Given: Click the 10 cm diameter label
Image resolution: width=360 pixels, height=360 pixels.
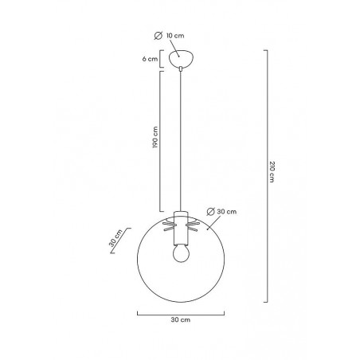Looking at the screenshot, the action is (175, 36).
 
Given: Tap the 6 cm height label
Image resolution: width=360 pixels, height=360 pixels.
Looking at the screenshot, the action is (150, 59).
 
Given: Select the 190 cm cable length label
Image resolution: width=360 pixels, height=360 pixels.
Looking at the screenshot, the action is (155, 137).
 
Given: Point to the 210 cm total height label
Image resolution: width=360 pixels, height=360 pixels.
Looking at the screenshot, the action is (272, 171).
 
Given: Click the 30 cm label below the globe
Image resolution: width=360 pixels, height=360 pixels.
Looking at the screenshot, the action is (181, 319).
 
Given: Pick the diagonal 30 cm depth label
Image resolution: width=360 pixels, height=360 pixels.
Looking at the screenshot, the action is (115, 238).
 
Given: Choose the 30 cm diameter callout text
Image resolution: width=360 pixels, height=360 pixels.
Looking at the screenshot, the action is (226, 212).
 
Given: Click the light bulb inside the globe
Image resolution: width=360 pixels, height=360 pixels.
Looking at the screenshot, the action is (181, 253).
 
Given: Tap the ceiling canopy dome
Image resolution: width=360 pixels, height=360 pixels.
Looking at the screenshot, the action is (181, 58).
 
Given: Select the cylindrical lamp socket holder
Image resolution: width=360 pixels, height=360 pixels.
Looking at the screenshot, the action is (181, 228).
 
